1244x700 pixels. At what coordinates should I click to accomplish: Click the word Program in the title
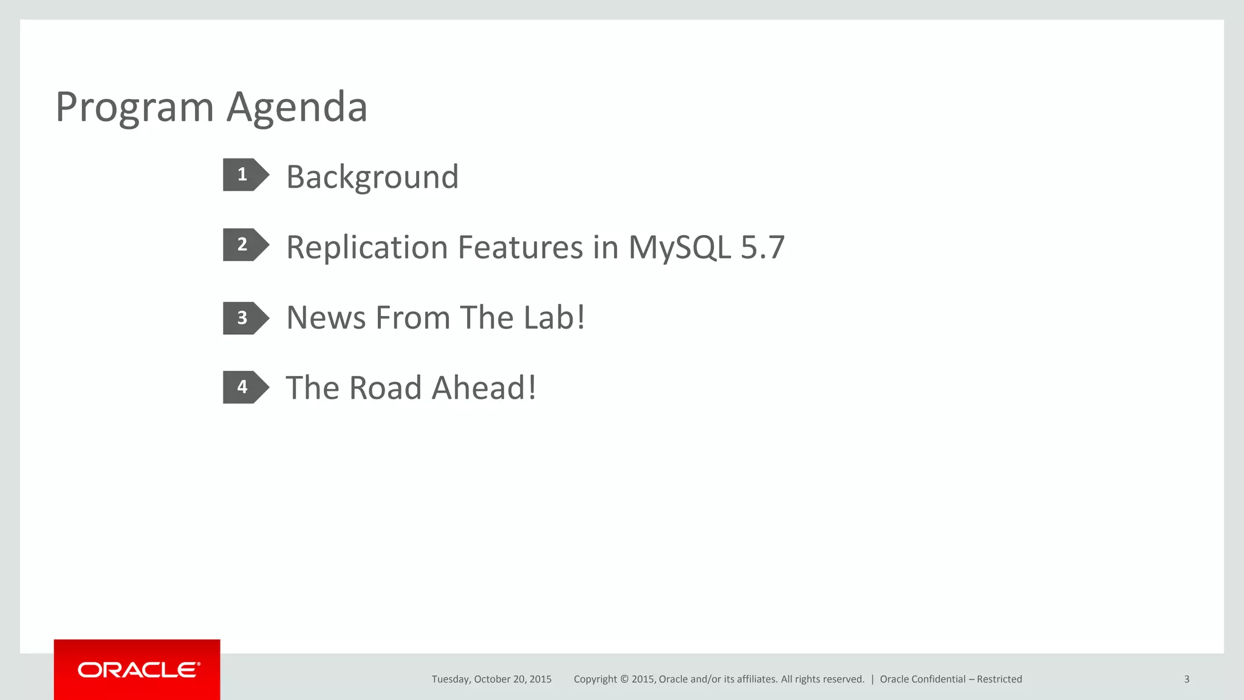tap(134, 108)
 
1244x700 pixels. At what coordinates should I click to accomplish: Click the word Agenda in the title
tap(297, 108)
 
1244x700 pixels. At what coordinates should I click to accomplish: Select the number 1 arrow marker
tap(244, 175)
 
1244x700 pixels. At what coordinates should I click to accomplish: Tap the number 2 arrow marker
tap(244, 245)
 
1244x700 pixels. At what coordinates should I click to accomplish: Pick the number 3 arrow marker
tap(244, 318)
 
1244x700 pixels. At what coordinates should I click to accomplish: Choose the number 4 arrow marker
tap(244, 387)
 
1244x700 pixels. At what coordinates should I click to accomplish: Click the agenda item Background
tap(372, 177)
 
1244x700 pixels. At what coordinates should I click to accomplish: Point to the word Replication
tap(367, 248)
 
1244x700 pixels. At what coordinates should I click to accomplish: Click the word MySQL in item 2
tap(679, 248)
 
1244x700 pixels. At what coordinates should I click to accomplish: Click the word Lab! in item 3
tap(553, 318)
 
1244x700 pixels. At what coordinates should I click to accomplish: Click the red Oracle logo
tap(137, 670)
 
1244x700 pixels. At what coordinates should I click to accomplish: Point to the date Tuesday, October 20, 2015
tap(491, 679)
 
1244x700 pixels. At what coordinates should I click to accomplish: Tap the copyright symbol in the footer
tap(623, 679)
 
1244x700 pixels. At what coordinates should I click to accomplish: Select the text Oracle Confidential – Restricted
tap(951, 679)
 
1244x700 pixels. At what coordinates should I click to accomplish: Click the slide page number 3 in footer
tap(1186, 679)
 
